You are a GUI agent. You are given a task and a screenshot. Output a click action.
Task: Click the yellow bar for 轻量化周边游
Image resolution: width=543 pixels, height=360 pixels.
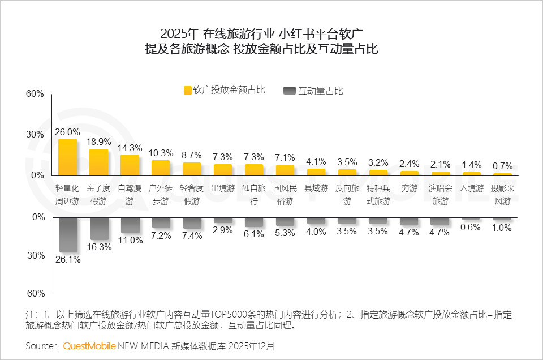(67, 157)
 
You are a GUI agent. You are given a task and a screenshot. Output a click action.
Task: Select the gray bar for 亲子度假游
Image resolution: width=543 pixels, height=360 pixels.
(99, 229)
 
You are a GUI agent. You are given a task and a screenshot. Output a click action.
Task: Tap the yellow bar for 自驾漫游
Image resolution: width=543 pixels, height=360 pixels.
(130, 165)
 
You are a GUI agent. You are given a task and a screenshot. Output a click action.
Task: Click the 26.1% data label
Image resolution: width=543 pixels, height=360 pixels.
(67, 260)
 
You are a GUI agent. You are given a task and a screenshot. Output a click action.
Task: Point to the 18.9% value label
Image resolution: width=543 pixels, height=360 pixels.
(99, 142)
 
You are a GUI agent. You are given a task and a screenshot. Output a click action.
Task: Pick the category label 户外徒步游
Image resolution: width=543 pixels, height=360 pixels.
(161, 194)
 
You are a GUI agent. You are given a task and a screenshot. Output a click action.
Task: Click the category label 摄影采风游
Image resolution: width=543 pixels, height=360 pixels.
(502, 194)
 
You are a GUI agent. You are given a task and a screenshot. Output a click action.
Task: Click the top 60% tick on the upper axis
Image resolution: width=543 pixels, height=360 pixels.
(35, 94)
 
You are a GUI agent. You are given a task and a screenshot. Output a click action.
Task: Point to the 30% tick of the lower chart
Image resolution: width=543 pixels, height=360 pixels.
(35, 256)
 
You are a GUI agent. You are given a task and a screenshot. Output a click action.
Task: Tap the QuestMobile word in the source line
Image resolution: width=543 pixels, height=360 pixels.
(89, 345)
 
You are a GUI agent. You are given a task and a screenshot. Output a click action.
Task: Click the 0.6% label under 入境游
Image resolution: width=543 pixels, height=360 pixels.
(471, 228)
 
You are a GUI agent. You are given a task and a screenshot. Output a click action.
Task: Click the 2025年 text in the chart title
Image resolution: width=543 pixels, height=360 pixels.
(179, 33)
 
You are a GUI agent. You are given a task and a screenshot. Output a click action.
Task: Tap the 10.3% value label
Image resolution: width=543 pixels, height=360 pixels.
(161, 153)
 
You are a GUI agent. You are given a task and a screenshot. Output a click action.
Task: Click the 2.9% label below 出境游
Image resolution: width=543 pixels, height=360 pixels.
(223, 230)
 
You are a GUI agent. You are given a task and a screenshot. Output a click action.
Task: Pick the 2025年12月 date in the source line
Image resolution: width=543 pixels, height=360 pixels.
(253, 345)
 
